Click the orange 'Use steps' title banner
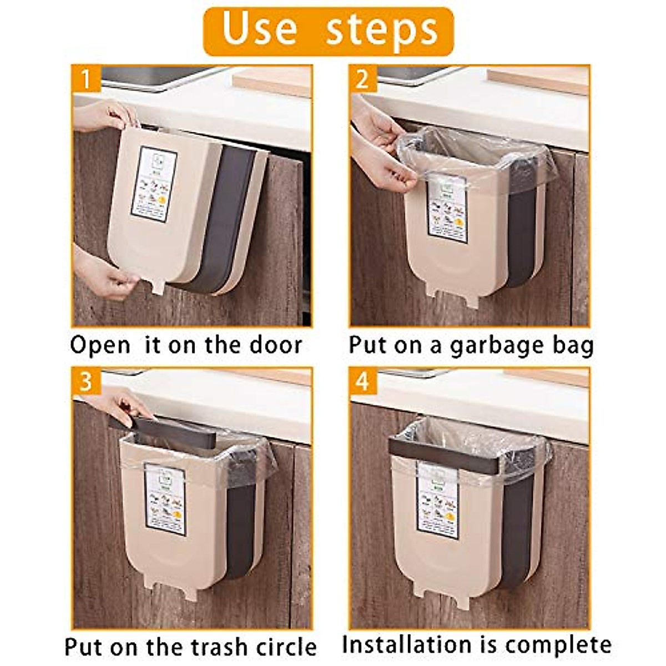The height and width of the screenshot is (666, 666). click(x=329, y=31)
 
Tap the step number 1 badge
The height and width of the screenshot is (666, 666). click(x=85, y=79)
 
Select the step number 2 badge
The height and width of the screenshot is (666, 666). click(x=362, y=79)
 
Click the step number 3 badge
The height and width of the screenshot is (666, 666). click(x=85, y=382)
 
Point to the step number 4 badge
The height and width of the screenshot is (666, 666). click(x=362, y=382)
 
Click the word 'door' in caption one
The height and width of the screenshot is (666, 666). click(x=275, y=345)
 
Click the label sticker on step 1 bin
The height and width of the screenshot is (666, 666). click(x=154, y=184)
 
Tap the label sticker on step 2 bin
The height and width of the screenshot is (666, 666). click(x=447, y=210)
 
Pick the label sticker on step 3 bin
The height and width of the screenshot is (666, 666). click(x=165, y=500)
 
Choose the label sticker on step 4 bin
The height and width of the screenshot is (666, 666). click(x=438, y=501)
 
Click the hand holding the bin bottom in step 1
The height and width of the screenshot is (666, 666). click(x=105, y=272)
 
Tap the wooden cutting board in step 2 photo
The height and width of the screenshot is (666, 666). click(x=538, y=80)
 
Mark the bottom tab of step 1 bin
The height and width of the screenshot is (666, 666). click(x=158, y=287)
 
